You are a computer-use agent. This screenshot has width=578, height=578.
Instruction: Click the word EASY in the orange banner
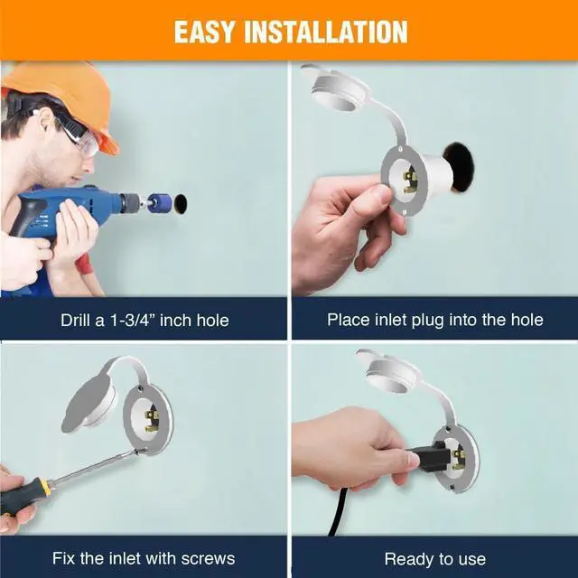[x=204, y=32]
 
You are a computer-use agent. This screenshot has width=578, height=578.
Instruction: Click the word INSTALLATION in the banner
[x=326, y=32]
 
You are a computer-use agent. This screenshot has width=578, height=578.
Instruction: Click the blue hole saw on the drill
[x=159, y=203]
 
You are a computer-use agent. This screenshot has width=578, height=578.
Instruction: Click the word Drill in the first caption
[x=75, y=320]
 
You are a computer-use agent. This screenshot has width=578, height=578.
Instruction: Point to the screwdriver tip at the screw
[x=137, y=451]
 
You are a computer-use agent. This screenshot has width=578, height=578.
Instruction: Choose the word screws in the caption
[x=208, y=558]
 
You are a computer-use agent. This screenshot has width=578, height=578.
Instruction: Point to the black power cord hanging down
[x=337, y=513]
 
